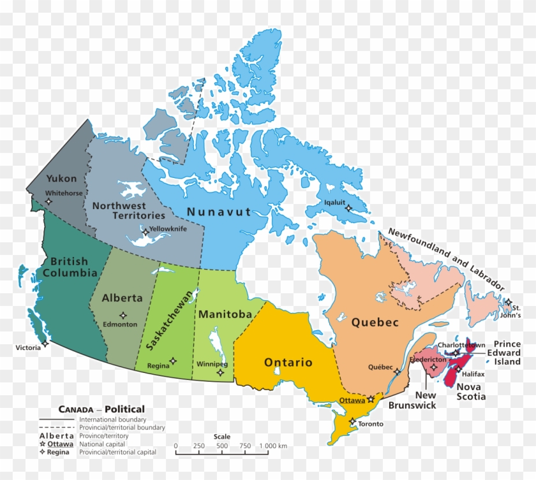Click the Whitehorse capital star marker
49,201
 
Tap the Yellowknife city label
168,229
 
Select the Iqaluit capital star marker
348,208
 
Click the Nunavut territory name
219,212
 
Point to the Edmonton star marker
123,315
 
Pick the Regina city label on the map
158,367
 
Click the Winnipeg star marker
220,372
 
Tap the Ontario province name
288,363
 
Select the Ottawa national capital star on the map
371,399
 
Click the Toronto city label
371,424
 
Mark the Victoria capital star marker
45,344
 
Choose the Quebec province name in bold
375,323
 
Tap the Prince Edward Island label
507,353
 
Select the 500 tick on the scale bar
222,446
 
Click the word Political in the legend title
125,409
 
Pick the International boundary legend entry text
112,419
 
